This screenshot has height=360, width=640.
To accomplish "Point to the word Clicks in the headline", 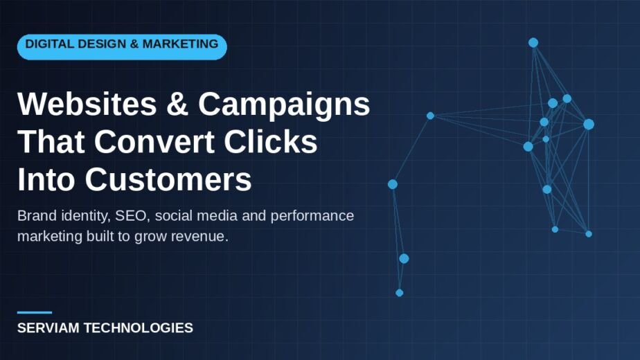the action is [271, 141].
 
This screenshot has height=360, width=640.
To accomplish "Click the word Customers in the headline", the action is [168, 179].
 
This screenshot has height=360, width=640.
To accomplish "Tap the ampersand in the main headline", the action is [177, 104].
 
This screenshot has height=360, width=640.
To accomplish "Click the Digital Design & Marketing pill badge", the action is [122, 47].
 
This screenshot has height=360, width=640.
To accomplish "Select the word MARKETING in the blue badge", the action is [180, 44].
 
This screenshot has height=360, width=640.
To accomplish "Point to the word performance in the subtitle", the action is [312, 216].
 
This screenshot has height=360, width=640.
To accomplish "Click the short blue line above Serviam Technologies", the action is [35, 313].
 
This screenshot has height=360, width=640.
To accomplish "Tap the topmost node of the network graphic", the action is [533, 42].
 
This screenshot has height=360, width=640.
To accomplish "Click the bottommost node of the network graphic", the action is [400, 293].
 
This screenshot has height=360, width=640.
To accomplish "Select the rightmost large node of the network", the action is [589, 124].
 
